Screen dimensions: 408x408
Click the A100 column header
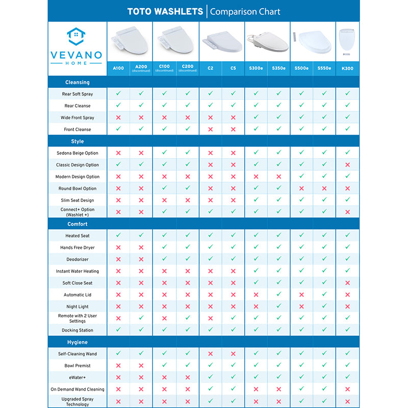[118, 68]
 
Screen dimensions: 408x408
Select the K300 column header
[347, 68]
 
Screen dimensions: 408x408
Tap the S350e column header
[279, 68]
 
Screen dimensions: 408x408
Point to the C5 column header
[233, 68]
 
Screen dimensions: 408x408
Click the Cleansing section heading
[78, 82]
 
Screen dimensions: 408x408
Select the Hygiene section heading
[78, 342]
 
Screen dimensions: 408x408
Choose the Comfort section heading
[78, 224]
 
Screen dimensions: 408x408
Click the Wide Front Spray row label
[78, 118]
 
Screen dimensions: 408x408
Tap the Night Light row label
[78, 307]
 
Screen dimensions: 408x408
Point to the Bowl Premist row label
[78, 366]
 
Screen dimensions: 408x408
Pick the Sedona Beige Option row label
[78, 153]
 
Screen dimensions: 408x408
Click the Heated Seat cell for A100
[118, 236]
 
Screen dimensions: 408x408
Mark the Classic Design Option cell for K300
[347, 165]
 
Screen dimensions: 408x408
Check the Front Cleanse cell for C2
[210, 130]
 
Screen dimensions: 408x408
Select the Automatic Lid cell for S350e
[279, 295]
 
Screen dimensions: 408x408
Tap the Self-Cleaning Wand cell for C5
[233, 353]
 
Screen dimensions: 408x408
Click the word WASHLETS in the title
[179, 11]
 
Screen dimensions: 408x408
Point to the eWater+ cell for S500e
[301, 377]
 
